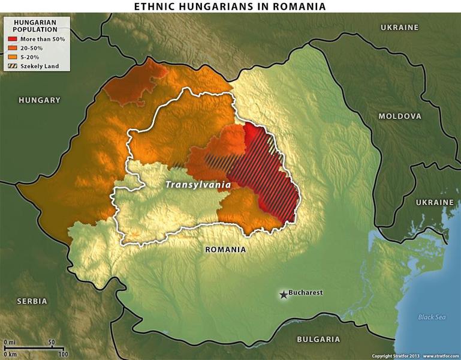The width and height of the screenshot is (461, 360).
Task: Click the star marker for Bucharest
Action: pos(283,294)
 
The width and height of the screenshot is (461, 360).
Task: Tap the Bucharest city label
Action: pos(305,293)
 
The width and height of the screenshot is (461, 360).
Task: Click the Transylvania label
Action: pos(198,185)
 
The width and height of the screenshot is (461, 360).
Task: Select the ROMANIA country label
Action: pos(225,249)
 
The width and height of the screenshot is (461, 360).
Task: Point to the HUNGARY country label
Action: pos(40,100)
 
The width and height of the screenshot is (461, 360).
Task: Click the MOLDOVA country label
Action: pos(399,116)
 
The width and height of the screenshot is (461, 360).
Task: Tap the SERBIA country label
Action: pos(32,301)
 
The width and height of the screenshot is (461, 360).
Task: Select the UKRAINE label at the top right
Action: pos(399,28)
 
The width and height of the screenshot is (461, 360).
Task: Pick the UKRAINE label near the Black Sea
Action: pos(435,203)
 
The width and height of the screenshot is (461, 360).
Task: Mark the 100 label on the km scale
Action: pos(63,354)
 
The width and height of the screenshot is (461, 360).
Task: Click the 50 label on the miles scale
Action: pos(52,342)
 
